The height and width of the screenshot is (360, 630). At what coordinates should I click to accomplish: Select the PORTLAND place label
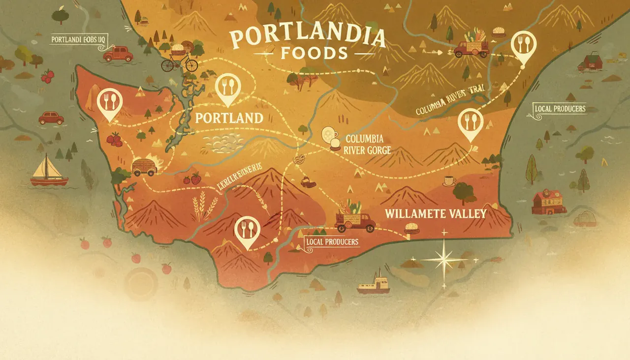coord(229,118)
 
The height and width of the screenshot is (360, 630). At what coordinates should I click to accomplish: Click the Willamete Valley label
coord(436,213)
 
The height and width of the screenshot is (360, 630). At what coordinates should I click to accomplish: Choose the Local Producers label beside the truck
coord(332,242)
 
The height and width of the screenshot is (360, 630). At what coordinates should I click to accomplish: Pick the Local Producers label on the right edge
coord(559,108)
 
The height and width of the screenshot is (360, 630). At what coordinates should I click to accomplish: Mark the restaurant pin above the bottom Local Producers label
coord(244,231)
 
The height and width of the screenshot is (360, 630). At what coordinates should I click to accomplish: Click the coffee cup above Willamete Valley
coord(449,181)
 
